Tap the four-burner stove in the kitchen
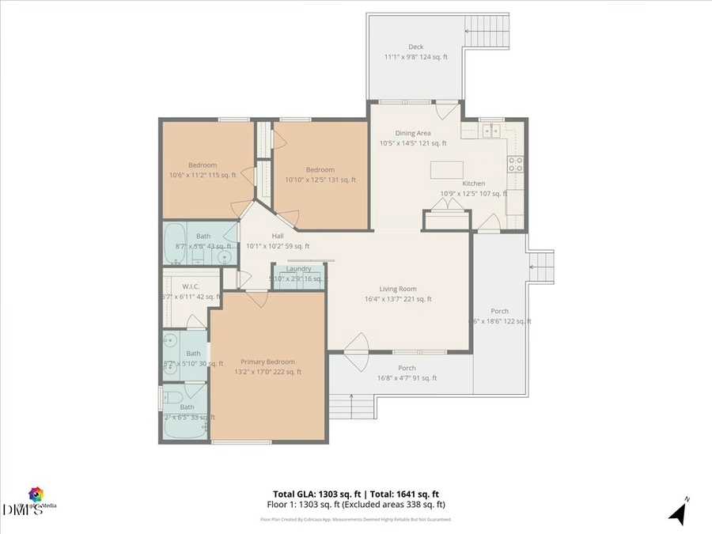pyautogui.click(x=515, y=164)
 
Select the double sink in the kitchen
pyautogui.click(x=491, y=131)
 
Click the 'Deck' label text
pyautogui.click(x=415, y=47)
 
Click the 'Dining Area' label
pyautogui.click(x=413, y=133)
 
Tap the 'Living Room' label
pyautogui.click(x=398, y=289)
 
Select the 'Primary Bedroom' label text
pyautogui.click(x=267, y=362)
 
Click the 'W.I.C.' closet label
pyautogui.click(x=190, y=286)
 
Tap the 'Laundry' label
pyautogui.click(x=299, y=269)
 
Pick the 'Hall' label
pyautogui.click(x=277, y=236)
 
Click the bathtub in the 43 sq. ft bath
pyautogui.click(x=175, y=235)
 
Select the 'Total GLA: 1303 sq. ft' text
pyautogui.click(x=315, y=493)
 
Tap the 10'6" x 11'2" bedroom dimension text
pyautogui.click(x=202, y=175)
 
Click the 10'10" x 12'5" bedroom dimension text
pyautogui.click(x=320, y=180)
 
